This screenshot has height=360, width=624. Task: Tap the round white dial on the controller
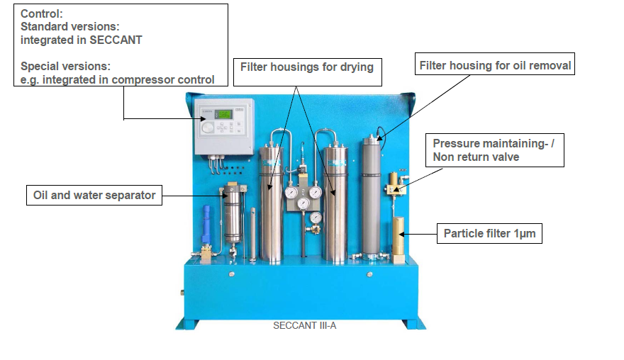coord(206,128)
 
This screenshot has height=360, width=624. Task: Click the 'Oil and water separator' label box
coord(94,195)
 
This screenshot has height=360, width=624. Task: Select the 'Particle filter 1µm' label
coord(489,232)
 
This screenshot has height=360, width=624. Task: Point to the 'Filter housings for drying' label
coord(306,67)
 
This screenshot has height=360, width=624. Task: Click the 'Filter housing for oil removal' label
coord(495,65)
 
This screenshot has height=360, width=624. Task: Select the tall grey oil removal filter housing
coord(372,195)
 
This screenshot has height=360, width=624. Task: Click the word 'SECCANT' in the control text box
coord(117,40)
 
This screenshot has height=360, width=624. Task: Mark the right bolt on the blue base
coord(369,274)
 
